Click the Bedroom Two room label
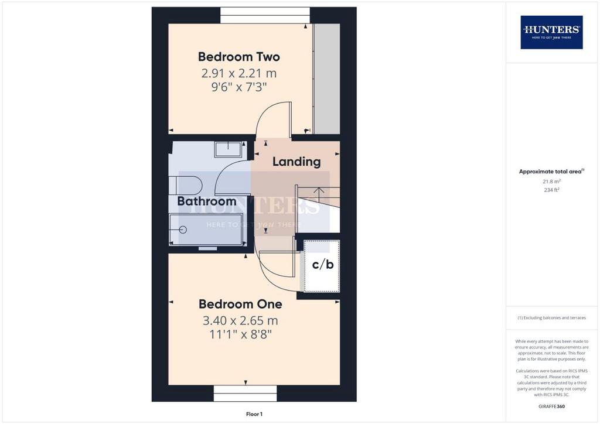(239, 57)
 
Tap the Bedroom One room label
(240, 304)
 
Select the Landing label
(296, 162)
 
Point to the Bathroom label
(207, 201)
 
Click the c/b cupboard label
(323, 264)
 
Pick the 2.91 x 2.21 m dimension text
(239, 73)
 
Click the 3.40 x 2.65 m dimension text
(240, 320)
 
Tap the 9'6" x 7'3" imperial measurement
(239, 87)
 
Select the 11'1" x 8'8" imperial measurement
(240, 334)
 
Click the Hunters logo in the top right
(551, 32)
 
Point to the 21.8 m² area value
(551, 182)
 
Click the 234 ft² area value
(551, 190)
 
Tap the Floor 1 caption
(254, 414)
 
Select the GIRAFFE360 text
(551, 406)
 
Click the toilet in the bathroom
(185, 186)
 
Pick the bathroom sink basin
(228, 149)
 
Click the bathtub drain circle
(183, 230)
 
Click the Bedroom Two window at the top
(265, 15)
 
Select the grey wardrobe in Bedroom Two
(327, 78)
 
